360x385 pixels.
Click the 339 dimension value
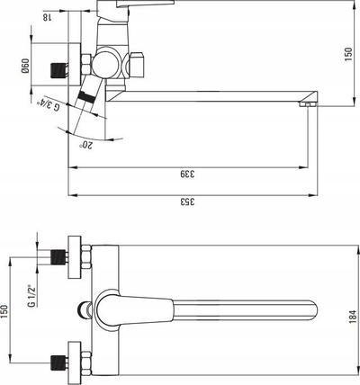pos(187,174)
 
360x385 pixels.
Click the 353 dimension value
pos(187,201)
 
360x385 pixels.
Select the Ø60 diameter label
pos(25,66)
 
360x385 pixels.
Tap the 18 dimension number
pos(46,17)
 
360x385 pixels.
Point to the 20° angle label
pos(86,145)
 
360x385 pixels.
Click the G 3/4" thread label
pos(48,105)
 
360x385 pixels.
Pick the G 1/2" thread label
pos(31,296)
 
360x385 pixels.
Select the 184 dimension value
pos(353,317)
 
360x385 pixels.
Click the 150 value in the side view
pos(348,54)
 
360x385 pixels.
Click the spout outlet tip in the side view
pos(308,104)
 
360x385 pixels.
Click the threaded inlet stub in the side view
pos(57,70)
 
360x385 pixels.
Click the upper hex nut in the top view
pos(86,257)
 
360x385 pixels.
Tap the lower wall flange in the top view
pos(75,363)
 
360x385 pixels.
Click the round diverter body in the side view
pos(104,64)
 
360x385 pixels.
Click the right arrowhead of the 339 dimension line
pos(303,167)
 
